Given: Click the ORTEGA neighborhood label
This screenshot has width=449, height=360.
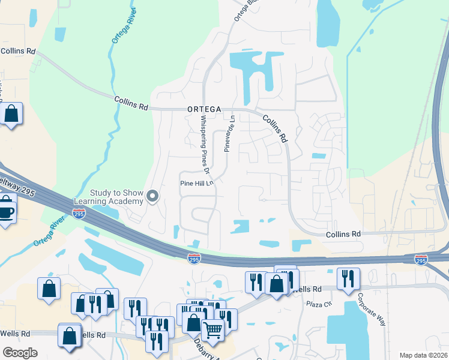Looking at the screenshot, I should coord(204,109).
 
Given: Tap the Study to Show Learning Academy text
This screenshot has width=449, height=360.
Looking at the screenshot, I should coord(117,197).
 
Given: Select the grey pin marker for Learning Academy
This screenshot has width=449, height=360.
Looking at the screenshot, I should coord(152,196).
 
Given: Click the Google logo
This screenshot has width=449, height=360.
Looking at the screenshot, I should coord(20,353).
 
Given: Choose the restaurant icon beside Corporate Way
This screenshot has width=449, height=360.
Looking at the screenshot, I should coord(348,278).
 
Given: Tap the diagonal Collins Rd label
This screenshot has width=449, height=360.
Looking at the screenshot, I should coord(274,128).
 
